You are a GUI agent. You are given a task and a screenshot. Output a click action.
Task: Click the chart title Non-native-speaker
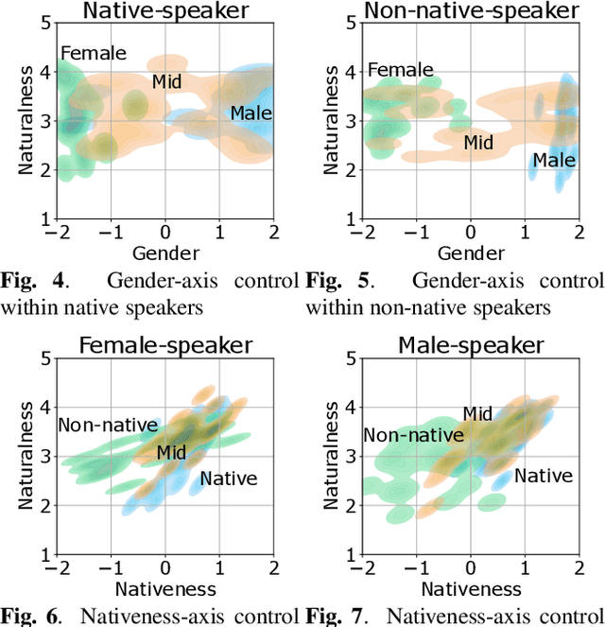coord(471,11)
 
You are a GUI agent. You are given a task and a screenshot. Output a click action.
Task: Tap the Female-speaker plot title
coord(164,345)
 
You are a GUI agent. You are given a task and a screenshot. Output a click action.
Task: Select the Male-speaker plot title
coord(471,345)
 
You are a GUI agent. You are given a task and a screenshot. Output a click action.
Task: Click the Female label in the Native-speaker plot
coord(93,53)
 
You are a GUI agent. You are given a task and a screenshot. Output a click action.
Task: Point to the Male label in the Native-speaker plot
coord(251,113)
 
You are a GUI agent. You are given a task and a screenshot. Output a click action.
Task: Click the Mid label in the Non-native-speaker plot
coord(478,143)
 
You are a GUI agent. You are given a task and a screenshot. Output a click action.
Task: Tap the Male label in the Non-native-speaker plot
coord(553,161)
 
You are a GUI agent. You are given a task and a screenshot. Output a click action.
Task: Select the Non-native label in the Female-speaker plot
coord(108,426)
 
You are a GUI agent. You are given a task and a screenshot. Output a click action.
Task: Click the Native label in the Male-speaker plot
coord(544,476)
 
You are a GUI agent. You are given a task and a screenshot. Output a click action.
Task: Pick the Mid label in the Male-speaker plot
coord(477,413)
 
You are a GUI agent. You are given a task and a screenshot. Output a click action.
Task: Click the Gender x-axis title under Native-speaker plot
coord(165,253)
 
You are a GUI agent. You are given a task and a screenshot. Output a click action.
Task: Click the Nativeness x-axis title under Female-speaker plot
coord(165,589)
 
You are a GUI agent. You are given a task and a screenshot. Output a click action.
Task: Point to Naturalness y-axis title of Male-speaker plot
coord(330,456)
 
